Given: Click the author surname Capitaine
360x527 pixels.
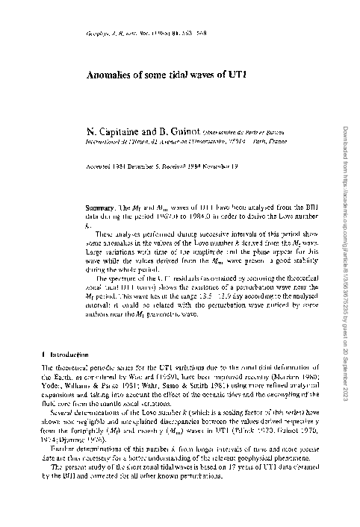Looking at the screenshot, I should coord(108,132).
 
